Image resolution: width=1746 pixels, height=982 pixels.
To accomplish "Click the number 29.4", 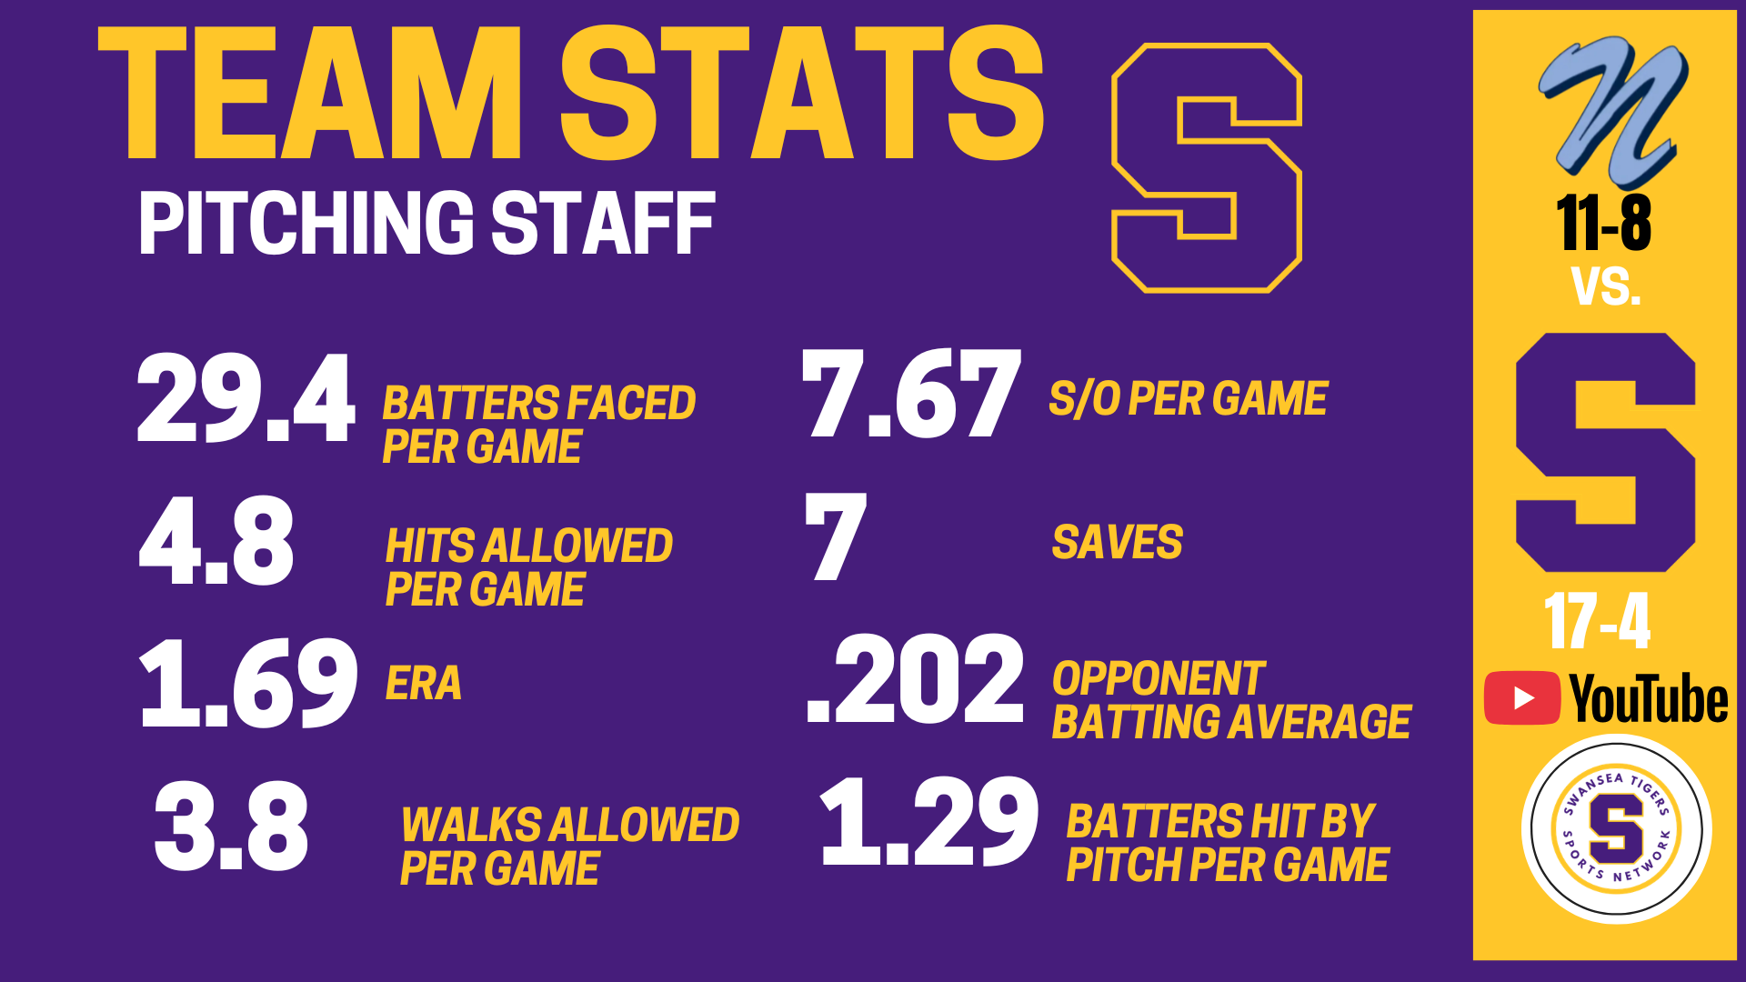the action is coord(246,398).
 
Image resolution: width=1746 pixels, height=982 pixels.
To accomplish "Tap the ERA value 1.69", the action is coord(248,683).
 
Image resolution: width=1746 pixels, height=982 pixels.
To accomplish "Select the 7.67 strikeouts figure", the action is coord(911,394).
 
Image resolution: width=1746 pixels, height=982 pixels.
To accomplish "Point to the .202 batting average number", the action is coord(916,678).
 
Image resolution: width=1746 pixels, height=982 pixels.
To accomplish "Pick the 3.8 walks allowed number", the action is coord(231,826).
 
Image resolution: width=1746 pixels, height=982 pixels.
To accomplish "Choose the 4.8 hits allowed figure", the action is coord(216,541).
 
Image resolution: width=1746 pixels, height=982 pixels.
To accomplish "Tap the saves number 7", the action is coord(836,536).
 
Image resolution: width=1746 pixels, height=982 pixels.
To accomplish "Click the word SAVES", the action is coord(1118,543).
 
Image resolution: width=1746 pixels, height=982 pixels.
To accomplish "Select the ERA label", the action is coord(424,684).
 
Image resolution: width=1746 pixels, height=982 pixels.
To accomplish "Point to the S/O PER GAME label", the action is coord(1189,399).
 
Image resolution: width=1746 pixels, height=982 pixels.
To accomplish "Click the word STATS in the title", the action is coord(802,93).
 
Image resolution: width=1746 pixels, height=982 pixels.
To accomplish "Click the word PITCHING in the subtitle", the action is coord(306,223).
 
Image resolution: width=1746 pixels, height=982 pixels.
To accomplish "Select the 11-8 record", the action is coord(1604,223).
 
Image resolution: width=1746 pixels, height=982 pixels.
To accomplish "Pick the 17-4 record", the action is coord(1597,622).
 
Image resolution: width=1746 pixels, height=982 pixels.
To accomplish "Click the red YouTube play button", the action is coord(1522,698).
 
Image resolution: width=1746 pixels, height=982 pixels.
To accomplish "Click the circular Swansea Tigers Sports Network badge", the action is coord(1617,829).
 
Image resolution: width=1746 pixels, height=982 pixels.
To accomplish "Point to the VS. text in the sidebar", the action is coord(1606,286).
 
